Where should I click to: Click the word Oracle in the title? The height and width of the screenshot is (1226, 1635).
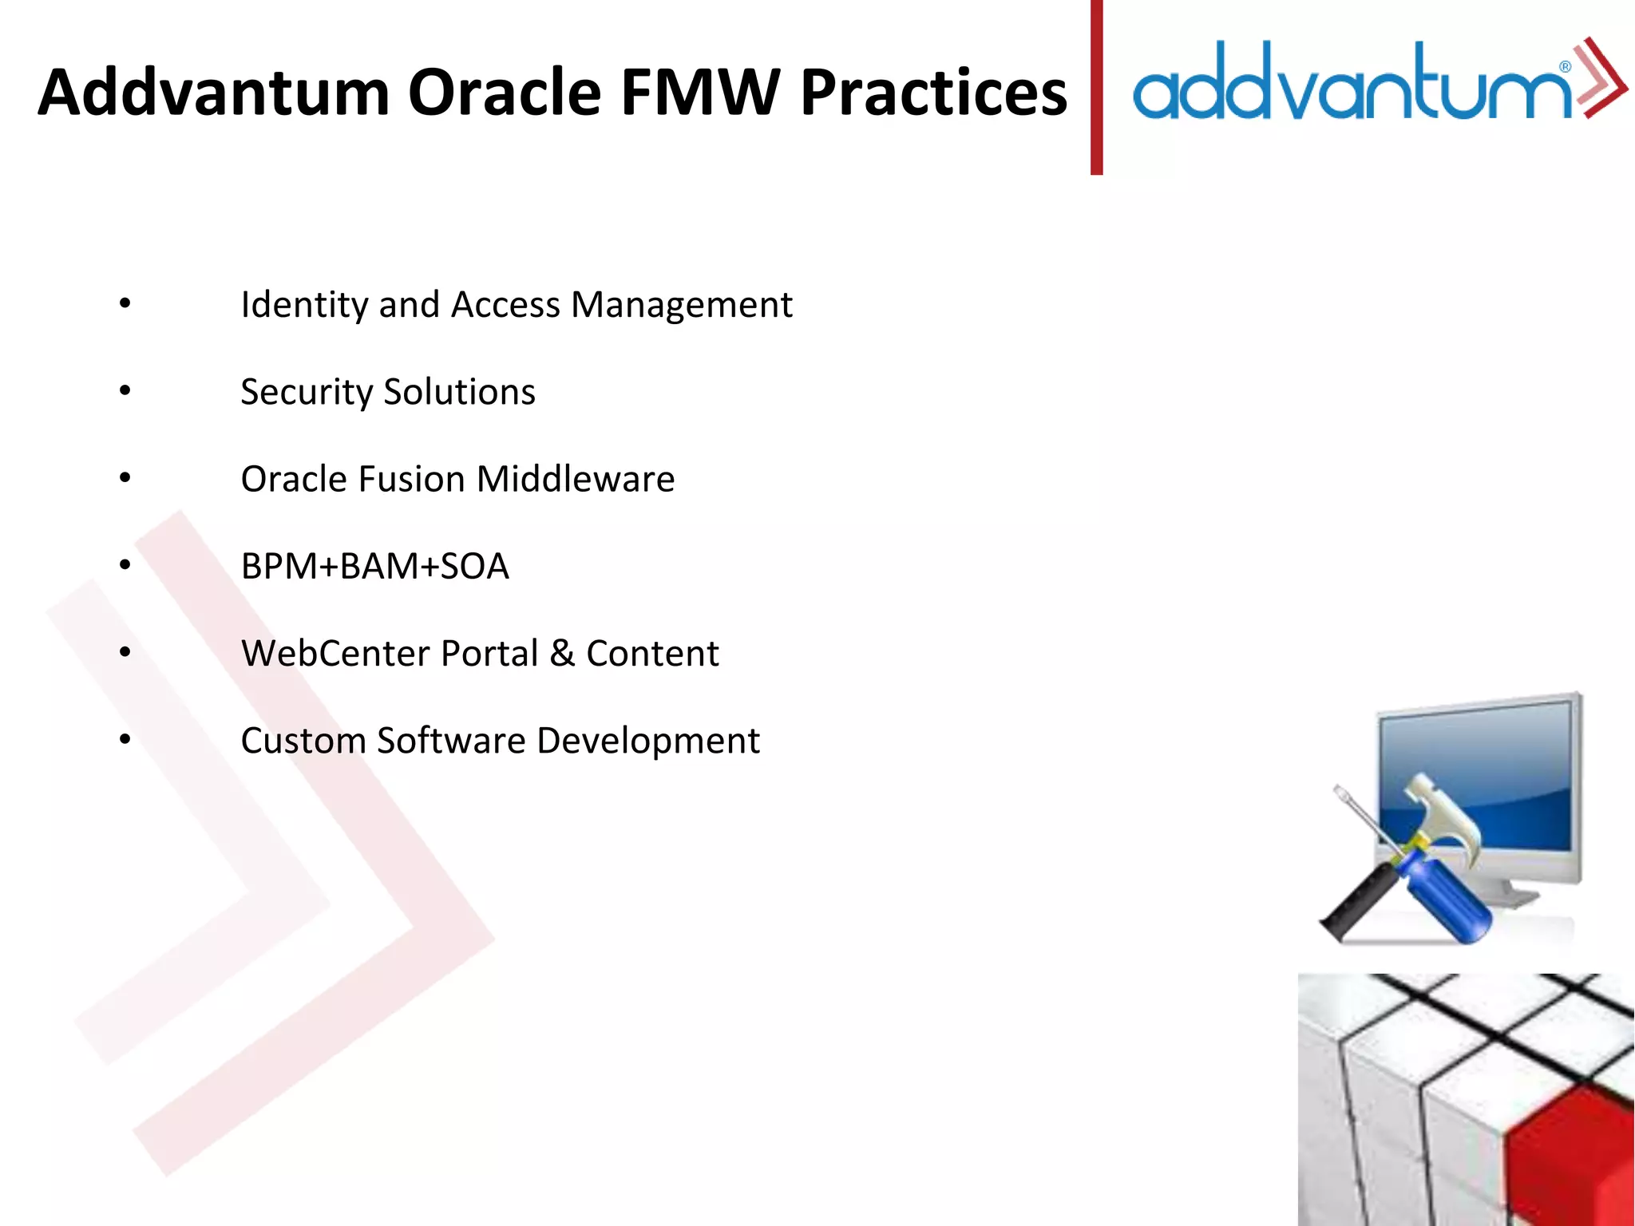(x=504, y=93)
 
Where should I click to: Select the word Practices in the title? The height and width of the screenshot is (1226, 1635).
(x=933, y=93)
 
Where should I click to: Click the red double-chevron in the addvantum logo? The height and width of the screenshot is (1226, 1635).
(x=1601, y=78)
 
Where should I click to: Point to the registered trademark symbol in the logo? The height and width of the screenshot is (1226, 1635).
(x=1566, y=67)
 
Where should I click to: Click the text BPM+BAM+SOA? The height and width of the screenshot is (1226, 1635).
(x=374, y=567)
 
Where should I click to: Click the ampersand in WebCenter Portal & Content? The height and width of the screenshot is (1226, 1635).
(x=562, y=654)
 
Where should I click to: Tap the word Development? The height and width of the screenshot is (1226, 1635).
(x=647, y=741)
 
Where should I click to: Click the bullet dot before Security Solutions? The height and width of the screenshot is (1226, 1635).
(x=125, y=391)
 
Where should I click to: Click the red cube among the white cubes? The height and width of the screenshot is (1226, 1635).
(x=1569, y=1157)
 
